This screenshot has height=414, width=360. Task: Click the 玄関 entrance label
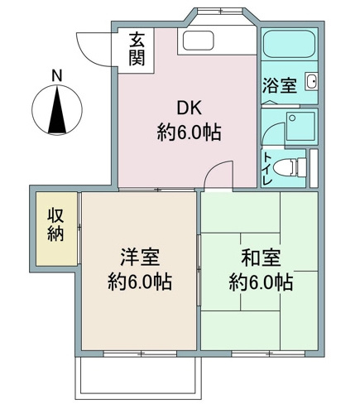137,49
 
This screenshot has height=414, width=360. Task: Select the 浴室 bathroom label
279,84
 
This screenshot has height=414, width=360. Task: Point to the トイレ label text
267,167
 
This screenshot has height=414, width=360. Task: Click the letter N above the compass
56,75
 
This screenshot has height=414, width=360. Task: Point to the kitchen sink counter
199,41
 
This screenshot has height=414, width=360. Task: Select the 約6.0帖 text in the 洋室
139,282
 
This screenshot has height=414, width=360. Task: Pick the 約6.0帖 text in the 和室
260,282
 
